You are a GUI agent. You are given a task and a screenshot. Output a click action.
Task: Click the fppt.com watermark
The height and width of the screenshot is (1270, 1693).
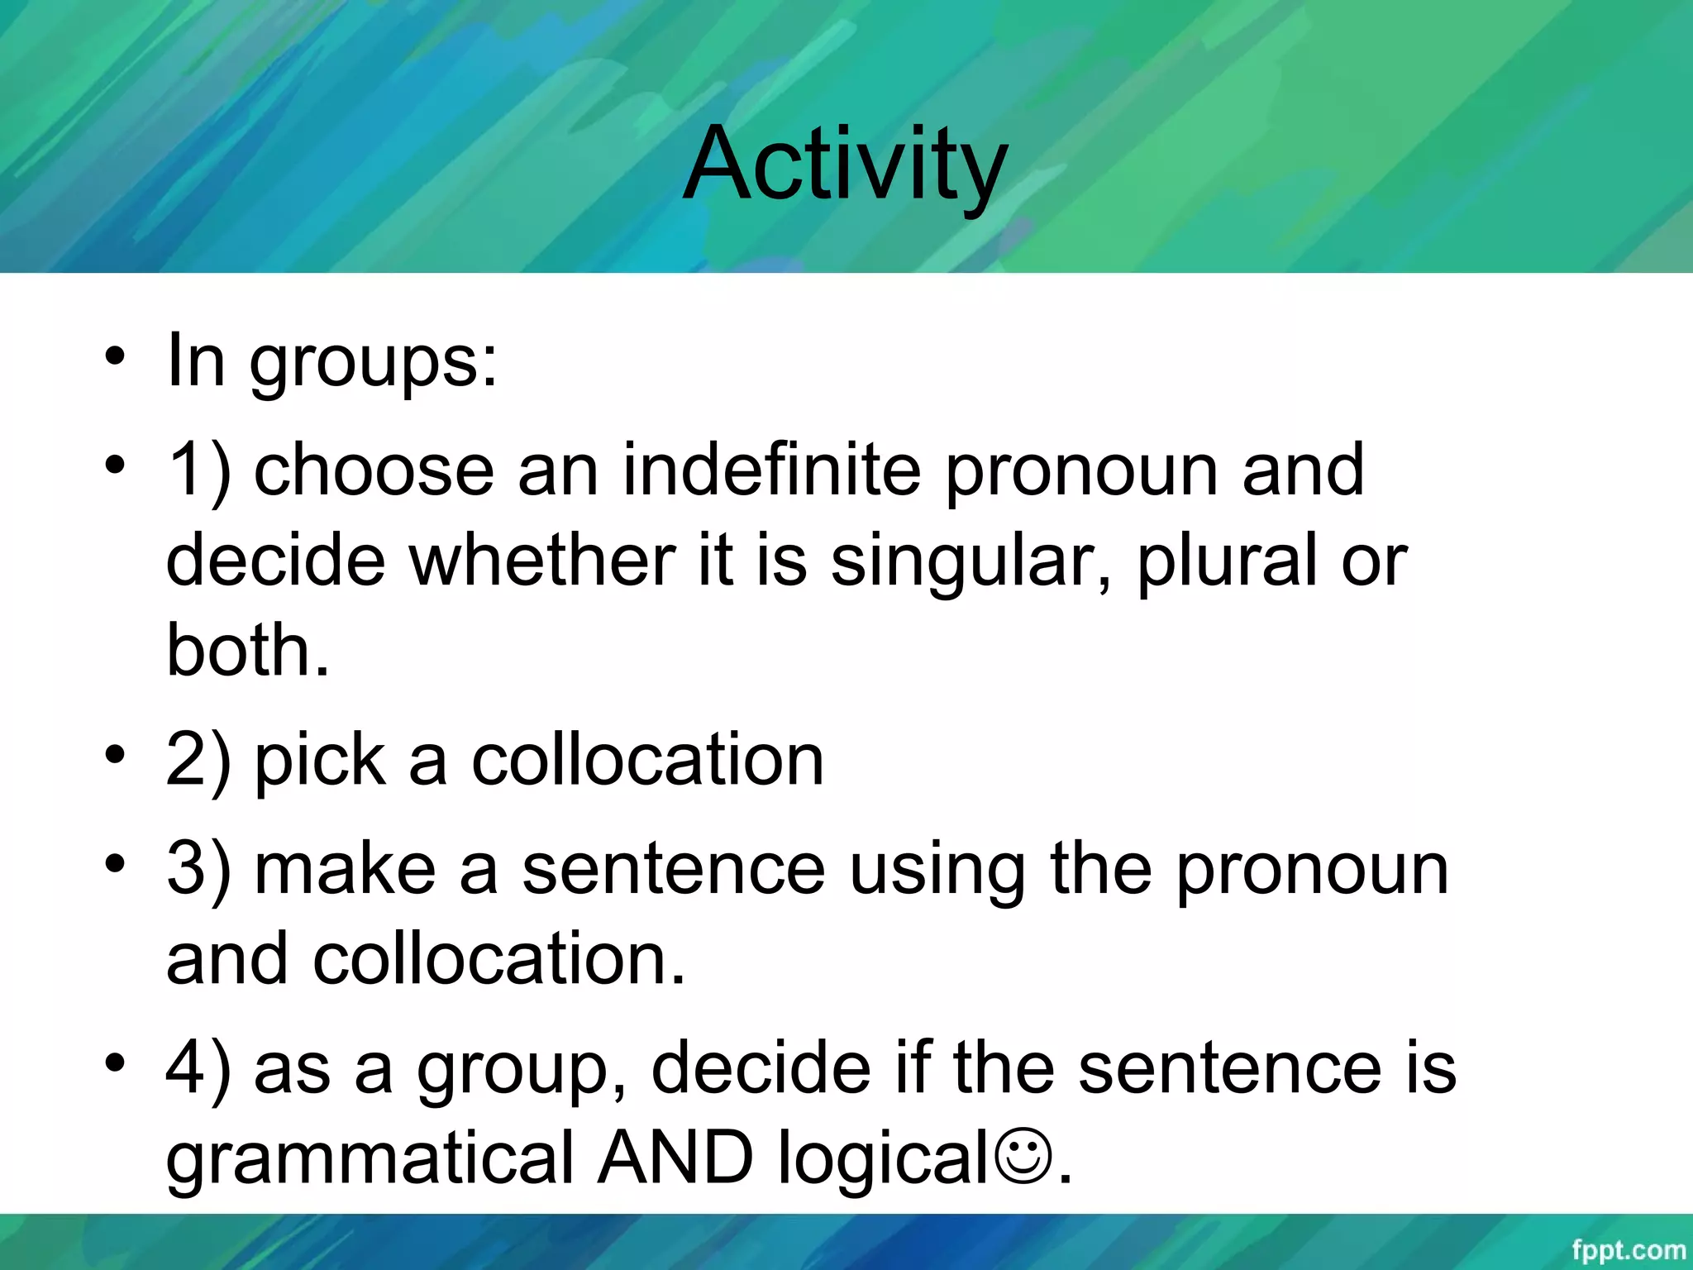(x=1628, y=1250)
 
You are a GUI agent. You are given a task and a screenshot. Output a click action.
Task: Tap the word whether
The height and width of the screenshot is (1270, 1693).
(x=541, y=561)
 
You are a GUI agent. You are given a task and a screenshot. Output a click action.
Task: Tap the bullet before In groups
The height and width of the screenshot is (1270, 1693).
(x=115, y=357)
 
